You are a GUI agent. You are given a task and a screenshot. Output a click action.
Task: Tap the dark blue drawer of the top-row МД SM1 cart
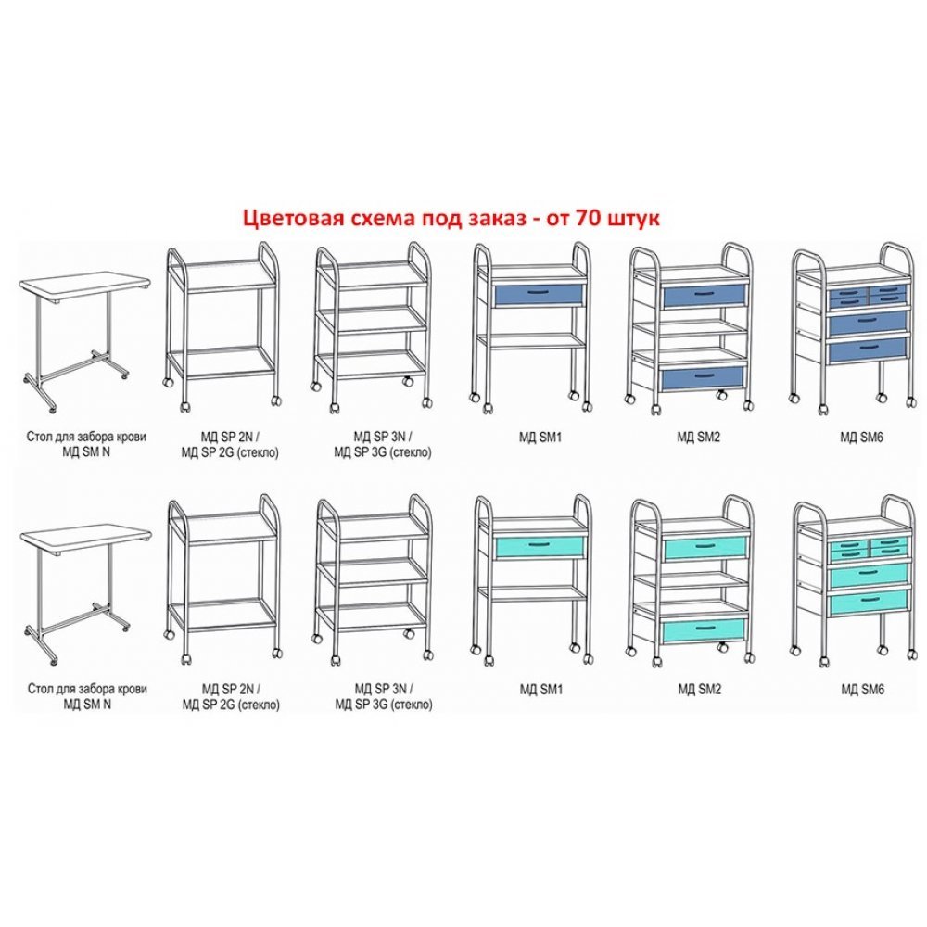[x=538, y=295]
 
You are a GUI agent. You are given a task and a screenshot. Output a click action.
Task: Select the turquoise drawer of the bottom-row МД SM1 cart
[x=540, y=547]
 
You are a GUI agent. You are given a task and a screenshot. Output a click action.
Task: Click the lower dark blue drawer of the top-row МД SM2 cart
[x=701, y=378]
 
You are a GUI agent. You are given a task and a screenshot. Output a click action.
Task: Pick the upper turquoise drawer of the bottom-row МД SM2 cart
[x=705, y=549]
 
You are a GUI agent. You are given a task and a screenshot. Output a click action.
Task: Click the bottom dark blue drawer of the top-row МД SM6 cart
[x=868, y=350]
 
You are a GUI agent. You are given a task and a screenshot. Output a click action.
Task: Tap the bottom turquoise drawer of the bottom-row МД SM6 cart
[x=869, y=602]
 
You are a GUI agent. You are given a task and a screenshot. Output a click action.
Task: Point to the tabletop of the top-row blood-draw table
[x=85, y=287]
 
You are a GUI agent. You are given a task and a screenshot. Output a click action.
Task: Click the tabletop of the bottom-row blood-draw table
[x=85, y=539]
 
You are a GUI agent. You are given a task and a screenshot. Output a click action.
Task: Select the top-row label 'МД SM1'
[x=540, y=438]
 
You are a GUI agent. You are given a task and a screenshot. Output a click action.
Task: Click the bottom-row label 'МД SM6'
[x=862, y=690]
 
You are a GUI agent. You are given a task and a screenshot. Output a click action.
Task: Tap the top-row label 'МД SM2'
[x=699, y=438]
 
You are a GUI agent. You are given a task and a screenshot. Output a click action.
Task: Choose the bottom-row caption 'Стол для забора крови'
[x=87, y=690]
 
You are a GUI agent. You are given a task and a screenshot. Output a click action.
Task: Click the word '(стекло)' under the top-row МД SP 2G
[x=257, y=453]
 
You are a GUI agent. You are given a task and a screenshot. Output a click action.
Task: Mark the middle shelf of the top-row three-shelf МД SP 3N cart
[x=372, y=320]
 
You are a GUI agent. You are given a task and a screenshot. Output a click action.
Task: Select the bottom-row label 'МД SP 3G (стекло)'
[x=384, y=705]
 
